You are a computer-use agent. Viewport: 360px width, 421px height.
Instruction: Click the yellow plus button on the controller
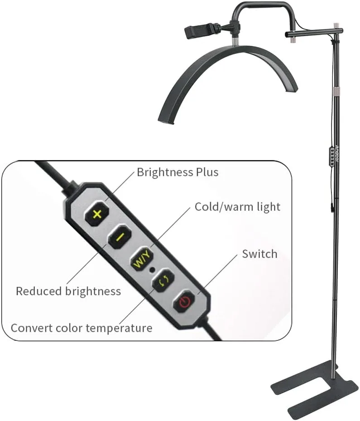tap(97, 214)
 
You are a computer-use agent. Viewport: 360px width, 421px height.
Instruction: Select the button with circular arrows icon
tap(163, 280)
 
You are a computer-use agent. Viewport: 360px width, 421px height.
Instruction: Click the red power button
tap(185, 301)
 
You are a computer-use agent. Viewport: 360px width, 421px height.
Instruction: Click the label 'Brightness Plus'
tap(178, 172)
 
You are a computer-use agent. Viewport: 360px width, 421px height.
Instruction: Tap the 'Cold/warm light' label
tap(237, 207)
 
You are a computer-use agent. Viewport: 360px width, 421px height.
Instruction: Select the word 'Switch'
tap(259, 254)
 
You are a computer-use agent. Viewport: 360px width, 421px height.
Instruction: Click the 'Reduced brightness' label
tap(68, 292)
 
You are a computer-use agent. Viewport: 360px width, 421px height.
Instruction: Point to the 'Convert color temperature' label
tap(82, 328)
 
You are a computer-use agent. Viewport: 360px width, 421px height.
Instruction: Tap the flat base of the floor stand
tap(314, 389)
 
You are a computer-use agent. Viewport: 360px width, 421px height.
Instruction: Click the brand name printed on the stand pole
tap(337, 154)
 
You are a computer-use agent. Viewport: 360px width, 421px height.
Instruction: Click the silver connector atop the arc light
tap(235, 42)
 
